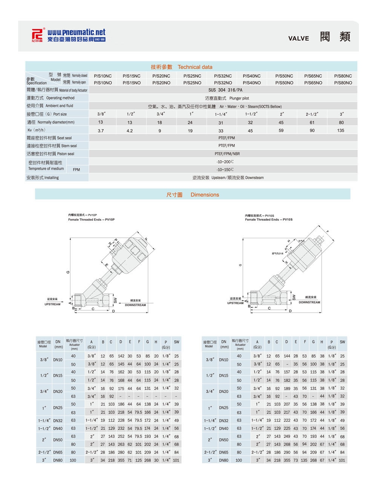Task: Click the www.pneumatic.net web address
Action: (x=76, y=32)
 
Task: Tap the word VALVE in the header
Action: (x=298, y=38)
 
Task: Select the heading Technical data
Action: (x=195, y=67)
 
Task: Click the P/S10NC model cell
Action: (x=103, y=76)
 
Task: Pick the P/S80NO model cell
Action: (x=343, y=83)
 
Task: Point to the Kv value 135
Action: (x=340, y=130)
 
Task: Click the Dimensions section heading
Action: (x=204, y=195)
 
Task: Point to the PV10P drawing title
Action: (x=91, y=219)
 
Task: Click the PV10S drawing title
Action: (x=268, y=219)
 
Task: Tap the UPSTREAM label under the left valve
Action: (x=52, y=304)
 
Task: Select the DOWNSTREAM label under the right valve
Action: (x=309, y=302)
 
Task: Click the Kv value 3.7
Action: (x=101, y=131)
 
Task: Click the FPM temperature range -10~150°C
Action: (x=225, y=170)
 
